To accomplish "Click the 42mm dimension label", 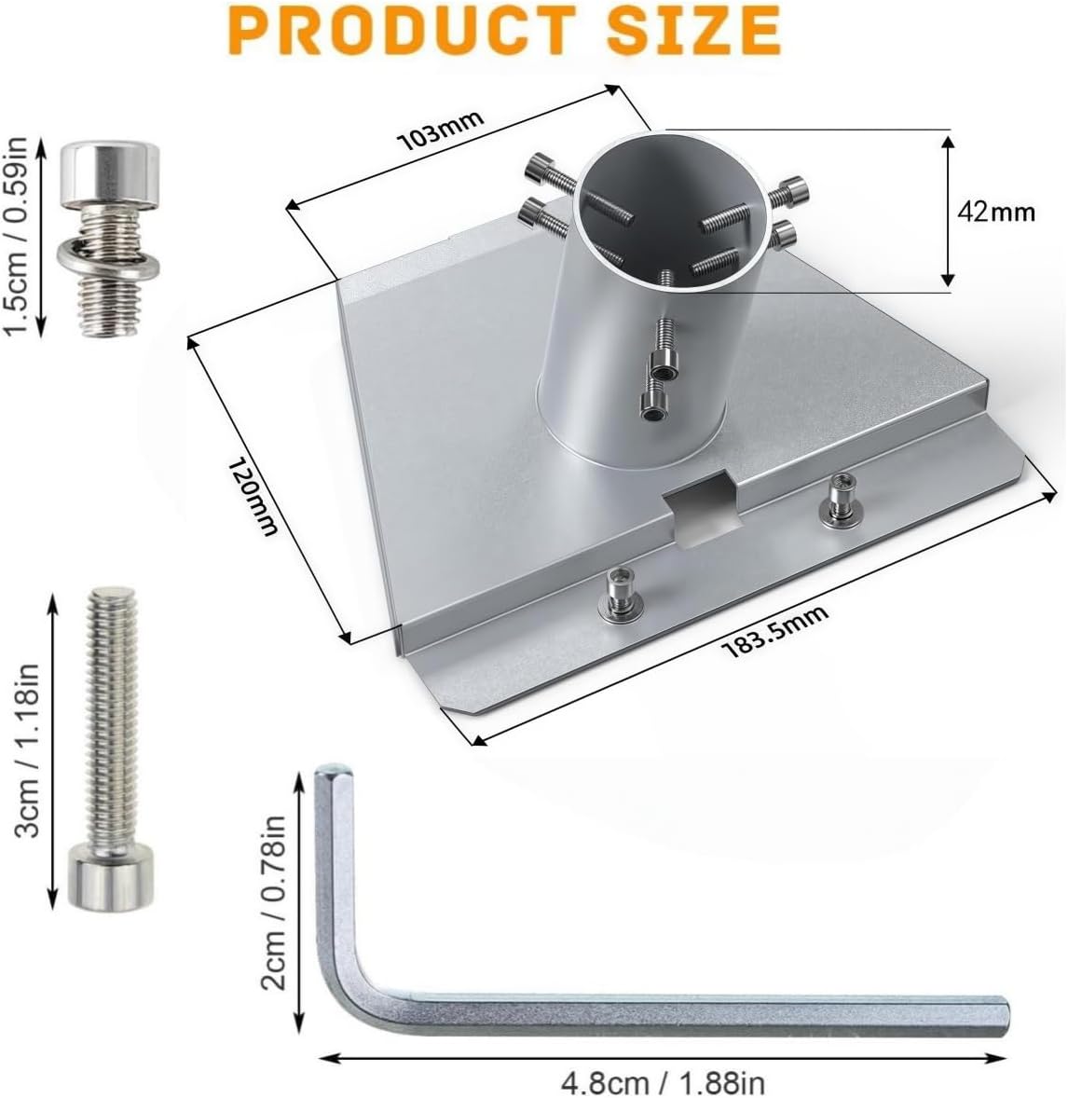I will point(996,212).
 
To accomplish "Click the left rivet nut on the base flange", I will point(617,593).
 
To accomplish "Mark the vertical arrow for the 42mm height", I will point(948,210).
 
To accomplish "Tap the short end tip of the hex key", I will point(333,774).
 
